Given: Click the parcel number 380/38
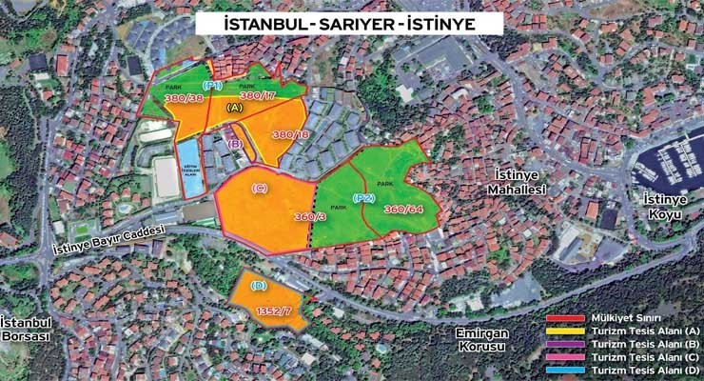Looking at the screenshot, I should point(184,97).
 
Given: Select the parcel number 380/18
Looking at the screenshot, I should point(289,135).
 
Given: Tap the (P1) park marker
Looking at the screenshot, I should point(212,86).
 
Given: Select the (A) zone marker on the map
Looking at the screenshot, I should point(234,109).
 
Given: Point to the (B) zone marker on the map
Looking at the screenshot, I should point(237,144).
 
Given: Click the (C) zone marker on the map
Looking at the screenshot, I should point(259,188).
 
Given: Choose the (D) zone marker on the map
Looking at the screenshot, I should point(258,286).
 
